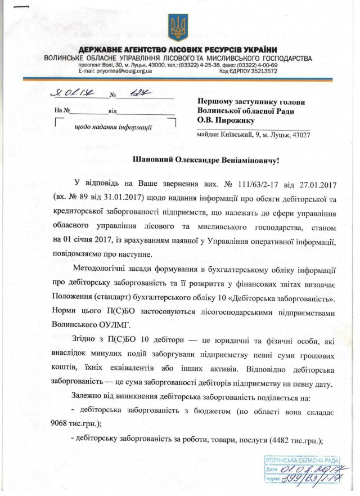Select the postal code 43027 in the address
click(x=298, y=135)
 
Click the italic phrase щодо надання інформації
click(x=114, y=127)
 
